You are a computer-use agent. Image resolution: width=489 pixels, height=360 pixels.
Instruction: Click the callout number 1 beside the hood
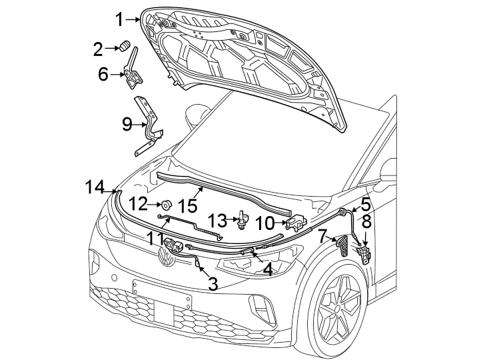pos(119,19)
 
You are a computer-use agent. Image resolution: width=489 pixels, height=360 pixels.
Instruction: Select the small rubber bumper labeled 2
pos(125,47)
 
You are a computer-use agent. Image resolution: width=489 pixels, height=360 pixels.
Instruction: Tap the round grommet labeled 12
pos(168,204)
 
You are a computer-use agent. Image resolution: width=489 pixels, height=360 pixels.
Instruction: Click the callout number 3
pos(213,284)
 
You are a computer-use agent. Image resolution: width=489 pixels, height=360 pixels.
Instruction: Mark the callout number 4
pos(267,269)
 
